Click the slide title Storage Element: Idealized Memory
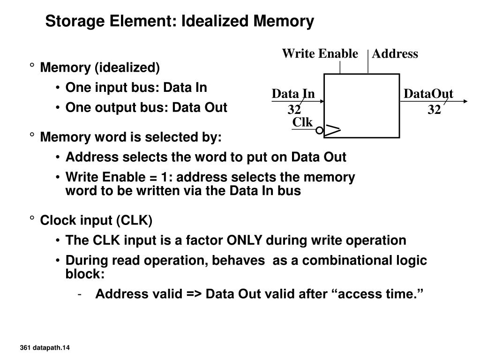click(x=180, y=22)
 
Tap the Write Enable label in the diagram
click(x=320, y=54)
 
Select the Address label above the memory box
click(x=395, y=54)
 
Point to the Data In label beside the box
click(x=293, y=94)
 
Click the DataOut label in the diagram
click(x=428, y=94)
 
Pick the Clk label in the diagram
click(x=302, y=122)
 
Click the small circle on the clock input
click(x=319, y=131)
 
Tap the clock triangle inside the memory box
click(x=333, y=131)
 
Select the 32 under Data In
click(x=294, y=110)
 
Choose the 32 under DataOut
click(x=434, y=110)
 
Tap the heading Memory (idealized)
click(x=100, y=68)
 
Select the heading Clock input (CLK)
click(x=97, y=220)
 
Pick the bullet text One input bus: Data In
click(x=136, y=88)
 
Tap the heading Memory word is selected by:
click(x=131, y=137)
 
